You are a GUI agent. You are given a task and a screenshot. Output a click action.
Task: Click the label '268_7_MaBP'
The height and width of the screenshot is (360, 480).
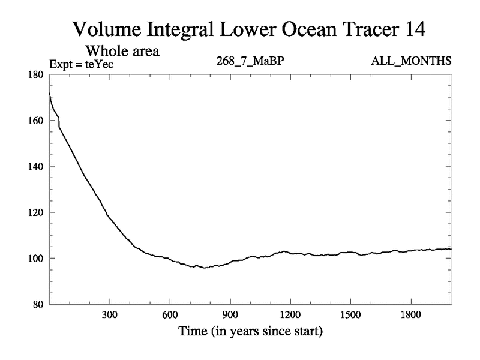(x=250, y=61)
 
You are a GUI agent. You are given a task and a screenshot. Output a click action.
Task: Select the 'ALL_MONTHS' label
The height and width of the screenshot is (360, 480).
(x=420, y=61)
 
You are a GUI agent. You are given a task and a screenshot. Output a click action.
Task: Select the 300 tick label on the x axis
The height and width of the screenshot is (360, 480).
(x=110, y=315)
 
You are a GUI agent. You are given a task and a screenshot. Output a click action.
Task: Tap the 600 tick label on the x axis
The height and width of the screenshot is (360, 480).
(x=170, y=315)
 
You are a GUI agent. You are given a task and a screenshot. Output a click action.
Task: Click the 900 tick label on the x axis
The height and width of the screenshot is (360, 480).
(x=230, y=315)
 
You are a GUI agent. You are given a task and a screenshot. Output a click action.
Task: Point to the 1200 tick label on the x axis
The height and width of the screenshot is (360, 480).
(x=290, y=315)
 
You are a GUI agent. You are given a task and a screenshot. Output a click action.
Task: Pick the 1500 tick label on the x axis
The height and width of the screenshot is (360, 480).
(x=350, y=315)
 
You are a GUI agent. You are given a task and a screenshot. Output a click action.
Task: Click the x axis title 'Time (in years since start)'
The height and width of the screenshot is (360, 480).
(x=250, y=331)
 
